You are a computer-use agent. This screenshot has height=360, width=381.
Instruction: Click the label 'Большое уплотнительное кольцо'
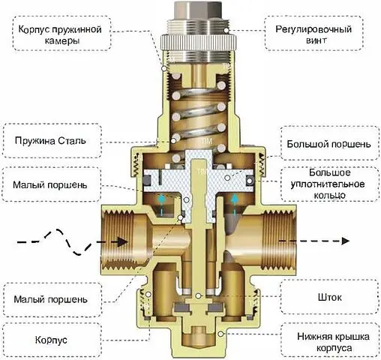click(x=326, y=182)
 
